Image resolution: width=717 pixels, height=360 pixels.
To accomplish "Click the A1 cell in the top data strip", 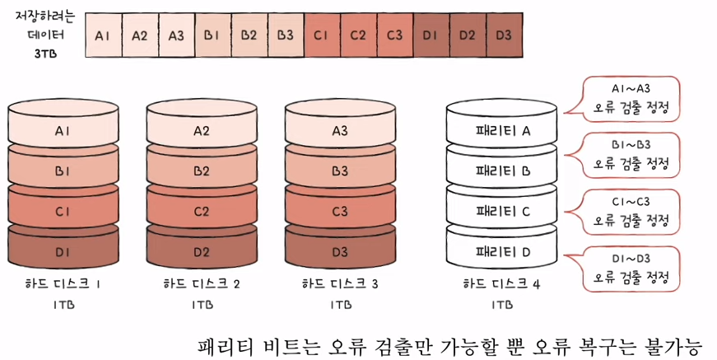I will pyautogui.click(x=103, y=35).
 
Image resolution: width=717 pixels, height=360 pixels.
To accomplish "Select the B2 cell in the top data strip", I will pyautogui.click(x=249, y=35).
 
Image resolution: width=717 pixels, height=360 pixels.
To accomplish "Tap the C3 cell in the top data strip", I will pyautogui.click(x=394, y=35).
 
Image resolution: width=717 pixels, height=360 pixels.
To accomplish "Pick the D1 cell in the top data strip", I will pyautogui.click(x=431, y=35).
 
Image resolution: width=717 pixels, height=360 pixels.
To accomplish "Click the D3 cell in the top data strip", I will pyautogui.click(x=504, y=35).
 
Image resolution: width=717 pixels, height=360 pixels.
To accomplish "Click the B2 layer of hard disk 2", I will pyautogui.click(x=202, y=171).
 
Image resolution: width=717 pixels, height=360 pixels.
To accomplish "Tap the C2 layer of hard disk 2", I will pyautogui.click(x=202, y=211).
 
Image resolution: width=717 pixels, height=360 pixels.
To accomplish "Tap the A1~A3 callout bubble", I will pyautogui.click(x=631, y=99).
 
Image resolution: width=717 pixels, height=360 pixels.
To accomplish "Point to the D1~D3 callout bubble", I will pyautogui.click(x=631, y=269).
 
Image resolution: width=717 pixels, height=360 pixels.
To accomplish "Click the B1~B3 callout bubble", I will pyautogui.click(x=631, y=156).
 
